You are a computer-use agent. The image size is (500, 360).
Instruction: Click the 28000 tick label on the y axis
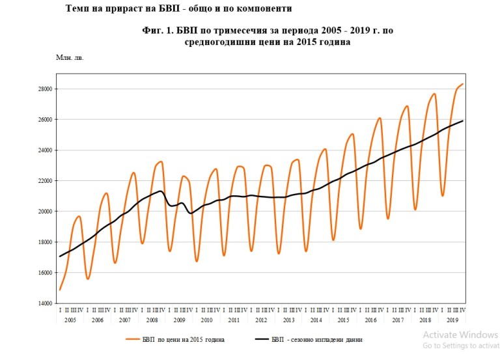coord(44,89)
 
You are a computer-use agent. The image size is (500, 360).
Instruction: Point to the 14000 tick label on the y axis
coord(44,303)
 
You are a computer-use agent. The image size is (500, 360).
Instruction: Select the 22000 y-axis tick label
coord(44,181)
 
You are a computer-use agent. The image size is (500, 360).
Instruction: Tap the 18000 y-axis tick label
coord(44,242)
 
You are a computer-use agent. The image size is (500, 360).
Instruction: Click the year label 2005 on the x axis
coord(70,320)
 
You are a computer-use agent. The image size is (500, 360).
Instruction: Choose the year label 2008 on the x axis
coord(152,320)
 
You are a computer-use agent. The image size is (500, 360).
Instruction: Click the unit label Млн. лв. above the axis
coord(70,57)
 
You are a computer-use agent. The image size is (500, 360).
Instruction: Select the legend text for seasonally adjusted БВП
coord(316,339)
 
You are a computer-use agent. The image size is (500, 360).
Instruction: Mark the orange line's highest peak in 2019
coord(462,84)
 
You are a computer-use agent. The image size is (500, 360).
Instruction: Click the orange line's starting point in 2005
coord(60,290)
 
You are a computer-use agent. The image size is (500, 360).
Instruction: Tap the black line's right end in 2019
coord(463,120)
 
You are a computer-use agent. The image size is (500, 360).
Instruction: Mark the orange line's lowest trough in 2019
coord(442,196)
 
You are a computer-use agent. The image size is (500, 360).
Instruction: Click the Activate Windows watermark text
coord(460,335)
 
